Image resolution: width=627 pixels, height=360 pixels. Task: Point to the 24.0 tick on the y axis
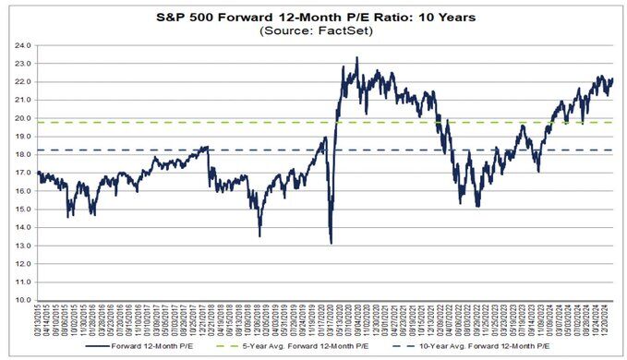pyautogui.click(x=21, y=45)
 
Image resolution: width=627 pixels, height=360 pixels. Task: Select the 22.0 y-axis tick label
pyautogui.click(x=21, y=82)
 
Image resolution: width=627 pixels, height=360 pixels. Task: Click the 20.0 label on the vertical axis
pyautogui.click(x=21, y=118)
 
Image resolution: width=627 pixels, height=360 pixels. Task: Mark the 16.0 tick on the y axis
pyautogui.click(x=21, y=191)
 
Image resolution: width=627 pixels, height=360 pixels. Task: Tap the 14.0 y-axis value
pyautogui.click(x=21, y=228)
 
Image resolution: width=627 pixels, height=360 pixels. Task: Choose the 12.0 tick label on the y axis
pyautogui.click(x=21, y=264)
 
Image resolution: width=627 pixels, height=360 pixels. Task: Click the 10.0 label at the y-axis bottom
pyautogui.click(x=21, y=301)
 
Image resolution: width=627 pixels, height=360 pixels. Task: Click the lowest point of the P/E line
pyautogui.click(x=331, y=243)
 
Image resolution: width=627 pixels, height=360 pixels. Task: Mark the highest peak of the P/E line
pyautogui.click(x=356, y=58)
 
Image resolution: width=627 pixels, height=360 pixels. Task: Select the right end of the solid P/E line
pyautogui.click(x=613, y=79)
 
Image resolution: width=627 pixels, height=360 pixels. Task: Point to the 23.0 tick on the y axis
pyautogui.click(x=21, y=64)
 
